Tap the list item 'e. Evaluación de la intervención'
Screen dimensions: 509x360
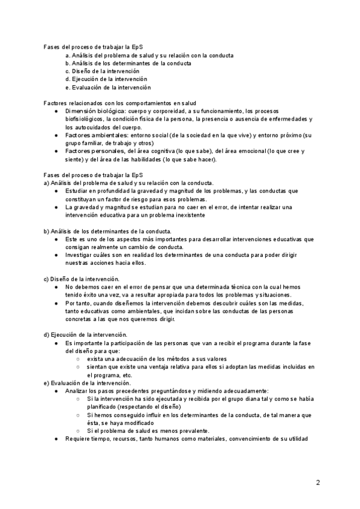112,87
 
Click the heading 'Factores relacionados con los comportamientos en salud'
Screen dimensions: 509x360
120,103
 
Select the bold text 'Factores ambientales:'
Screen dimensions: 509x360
95,135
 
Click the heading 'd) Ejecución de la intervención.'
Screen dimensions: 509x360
85,334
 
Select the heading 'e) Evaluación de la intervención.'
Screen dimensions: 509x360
86,382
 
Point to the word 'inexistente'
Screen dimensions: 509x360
188,215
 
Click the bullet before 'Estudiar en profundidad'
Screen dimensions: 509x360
56,191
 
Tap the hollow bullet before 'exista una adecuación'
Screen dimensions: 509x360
78,358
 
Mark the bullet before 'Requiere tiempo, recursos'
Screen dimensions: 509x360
56,439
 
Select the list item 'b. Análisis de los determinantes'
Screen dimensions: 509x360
128,63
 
